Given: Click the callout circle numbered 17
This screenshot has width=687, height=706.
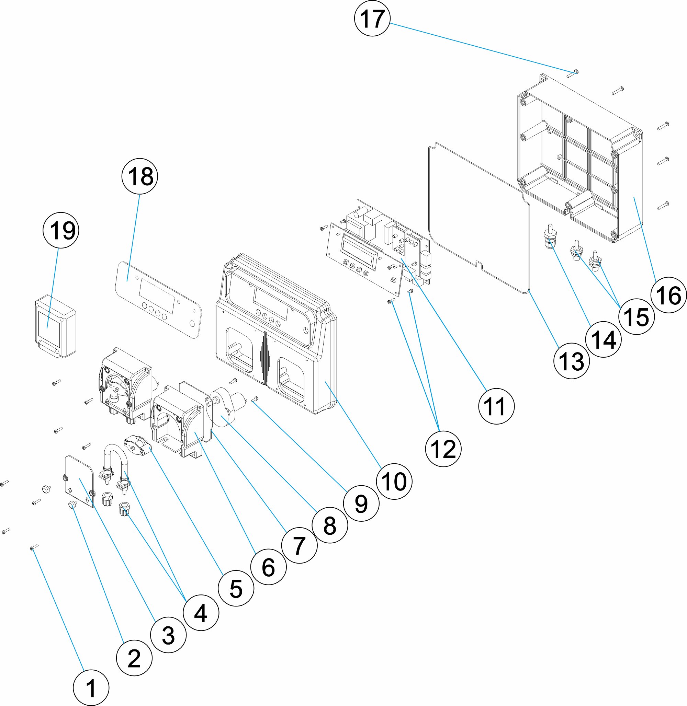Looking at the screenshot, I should click(x=372, y=18).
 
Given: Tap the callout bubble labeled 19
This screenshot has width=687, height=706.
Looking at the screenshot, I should click(x=61, y=230).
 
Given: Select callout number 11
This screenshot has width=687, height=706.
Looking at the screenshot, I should click(x=496, y=406).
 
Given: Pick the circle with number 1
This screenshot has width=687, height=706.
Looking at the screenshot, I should click(x=91, y=687).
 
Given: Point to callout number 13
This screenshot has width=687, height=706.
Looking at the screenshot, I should click(x=572, y=361).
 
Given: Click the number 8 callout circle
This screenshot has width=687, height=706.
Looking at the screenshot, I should click(x=330, y=525).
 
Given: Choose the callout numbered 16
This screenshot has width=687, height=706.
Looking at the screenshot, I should click(x=668, y=295).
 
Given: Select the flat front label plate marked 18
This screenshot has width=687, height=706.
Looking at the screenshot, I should click(x=158, y=299).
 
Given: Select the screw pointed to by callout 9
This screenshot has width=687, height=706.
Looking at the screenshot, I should click(x=255, y=399).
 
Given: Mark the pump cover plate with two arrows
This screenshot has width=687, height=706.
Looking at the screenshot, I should click(x=79, y=481).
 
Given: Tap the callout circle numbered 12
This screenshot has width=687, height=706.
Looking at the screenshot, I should click(x=443, y=449).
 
